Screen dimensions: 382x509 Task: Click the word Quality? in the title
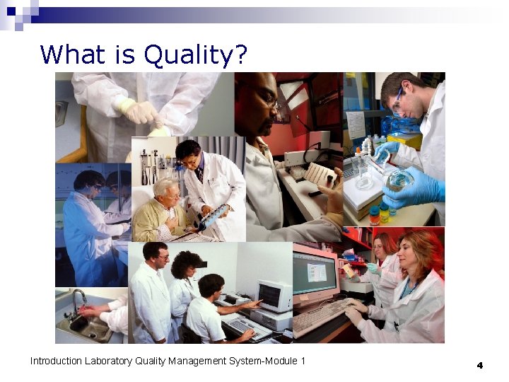[196, 54]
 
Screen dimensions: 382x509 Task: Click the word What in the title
[71, 54]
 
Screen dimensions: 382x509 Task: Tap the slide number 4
[479, 365]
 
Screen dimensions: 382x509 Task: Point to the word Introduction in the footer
[56, 361]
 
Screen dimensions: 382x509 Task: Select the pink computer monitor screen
[315, 272]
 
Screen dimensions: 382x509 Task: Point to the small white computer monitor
[273, 295]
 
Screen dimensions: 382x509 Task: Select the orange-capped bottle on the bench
[374, 215]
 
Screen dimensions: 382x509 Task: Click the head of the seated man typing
[210, 286]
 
